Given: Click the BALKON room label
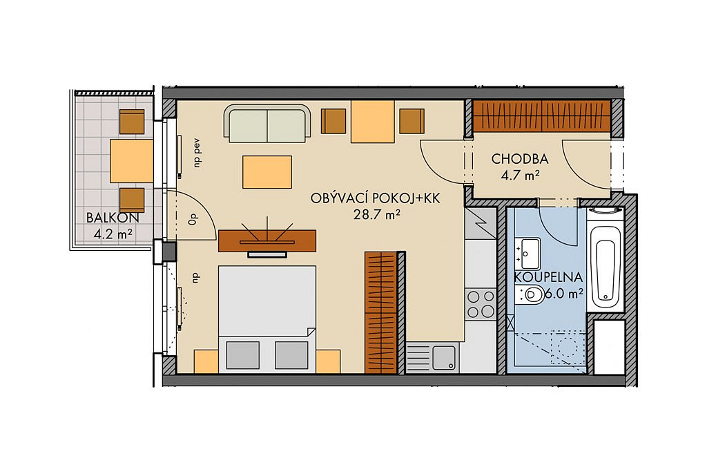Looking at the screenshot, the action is click(113, 218).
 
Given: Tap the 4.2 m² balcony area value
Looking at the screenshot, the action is click(113, 234).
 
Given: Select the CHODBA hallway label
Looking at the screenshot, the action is click(520, 159).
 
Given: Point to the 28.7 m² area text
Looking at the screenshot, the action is click(377, 215).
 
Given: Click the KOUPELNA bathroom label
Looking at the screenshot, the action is click(548, 277).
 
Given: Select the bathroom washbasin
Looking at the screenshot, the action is click(528, 253).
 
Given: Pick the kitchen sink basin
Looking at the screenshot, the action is click(445, 357).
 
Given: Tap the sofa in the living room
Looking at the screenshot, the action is click(267, 123).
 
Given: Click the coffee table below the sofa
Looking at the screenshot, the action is click(267, 172).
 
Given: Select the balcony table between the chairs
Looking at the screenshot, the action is click(132, 160).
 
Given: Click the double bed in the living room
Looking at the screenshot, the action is click(267, 319).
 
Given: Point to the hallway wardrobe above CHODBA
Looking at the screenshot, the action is click(541, 115).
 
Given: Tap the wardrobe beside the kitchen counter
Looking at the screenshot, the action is click(381, 312).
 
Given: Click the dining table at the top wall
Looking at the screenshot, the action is click(372, 122).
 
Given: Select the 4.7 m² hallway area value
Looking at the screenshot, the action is click(521, 176).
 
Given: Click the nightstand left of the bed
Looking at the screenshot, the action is click(206, 361).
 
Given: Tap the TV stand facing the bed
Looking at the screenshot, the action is click(267, 240).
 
